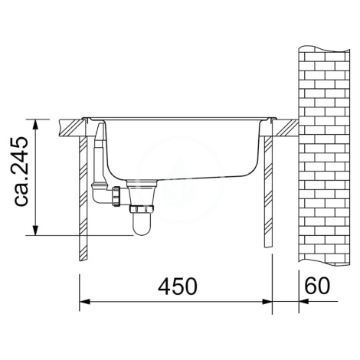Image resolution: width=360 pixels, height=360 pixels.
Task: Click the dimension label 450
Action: click(178, 286)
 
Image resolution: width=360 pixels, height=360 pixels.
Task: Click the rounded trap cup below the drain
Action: click(142, 224)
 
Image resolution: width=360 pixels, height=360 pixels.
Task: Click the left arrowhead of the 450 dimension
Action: click(85, 302)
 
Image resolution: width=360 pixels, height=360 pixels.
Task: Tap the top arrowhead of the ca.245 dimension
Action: click(35, 125)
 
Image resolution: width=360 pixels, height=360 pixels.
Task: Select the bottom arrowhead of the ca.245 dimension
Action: click(35, 230)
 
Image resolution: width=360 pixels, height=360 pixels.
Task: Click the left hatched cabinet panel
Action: click(83, 198)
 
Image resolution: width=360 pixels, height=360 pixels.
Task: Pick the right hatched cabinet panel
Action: click(268, 192)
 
